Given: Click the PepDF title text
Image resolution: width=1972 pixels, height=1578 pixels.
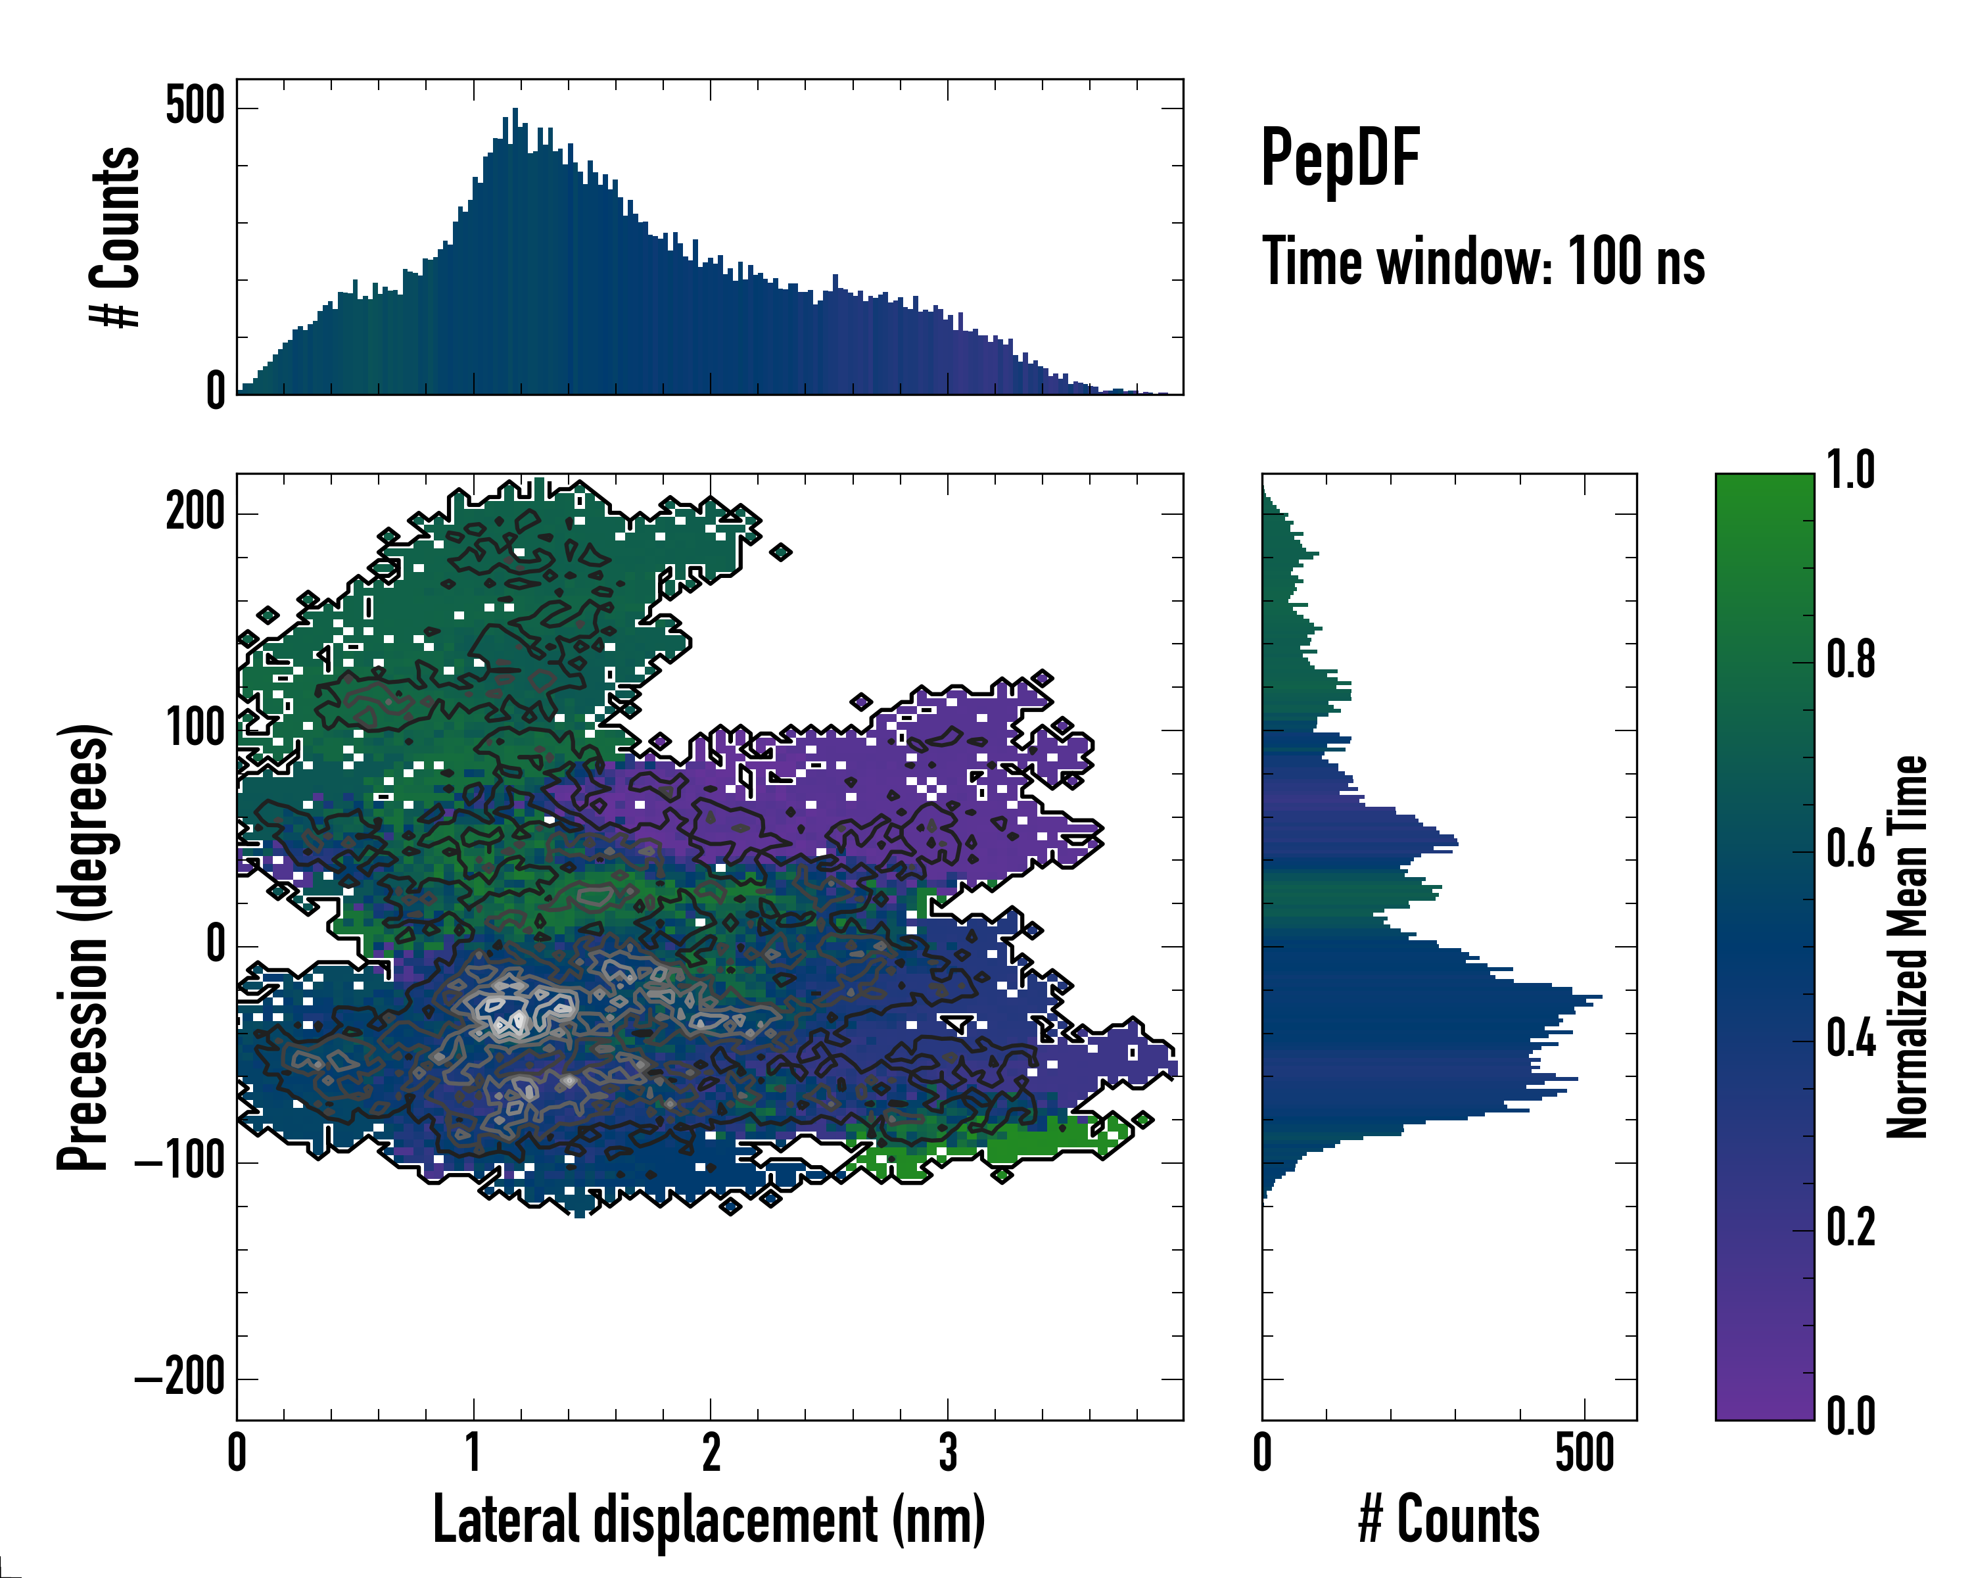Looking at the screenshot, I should pos(1340,157).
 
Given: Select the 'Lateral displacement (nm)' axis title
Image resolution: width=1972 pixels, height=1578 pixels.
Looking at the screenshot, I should pos(709,1519).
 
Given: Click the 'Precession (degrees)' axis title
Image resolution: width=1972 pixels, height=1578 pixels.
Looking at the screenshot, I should pos(84,947).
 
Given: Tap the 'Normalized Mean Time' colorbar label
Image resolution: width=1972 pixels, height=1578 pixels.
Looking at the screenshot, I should pos(1907,947).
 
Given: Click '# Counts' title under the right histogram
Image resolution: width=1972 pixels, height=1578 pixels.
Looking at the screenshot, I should pos(1449,1519).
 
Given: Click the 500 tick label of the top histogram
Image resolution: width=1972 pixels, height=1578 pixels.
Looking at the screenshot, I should pos(195,107).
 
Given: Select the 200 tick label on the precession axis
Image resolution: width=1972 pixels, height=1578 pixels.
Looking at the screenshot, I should pos(195,512).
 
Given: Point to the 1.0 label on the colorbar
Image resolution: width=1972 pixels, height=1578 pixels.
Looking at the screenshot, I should pos(1850,472).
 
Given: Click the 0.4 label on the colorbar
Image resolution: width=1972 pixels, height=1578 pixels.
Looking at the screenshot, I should pos(1850,1040).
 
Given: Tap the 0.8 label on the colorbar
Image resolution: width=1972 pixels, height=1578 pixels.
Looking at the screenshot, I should pos(1850,661).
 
